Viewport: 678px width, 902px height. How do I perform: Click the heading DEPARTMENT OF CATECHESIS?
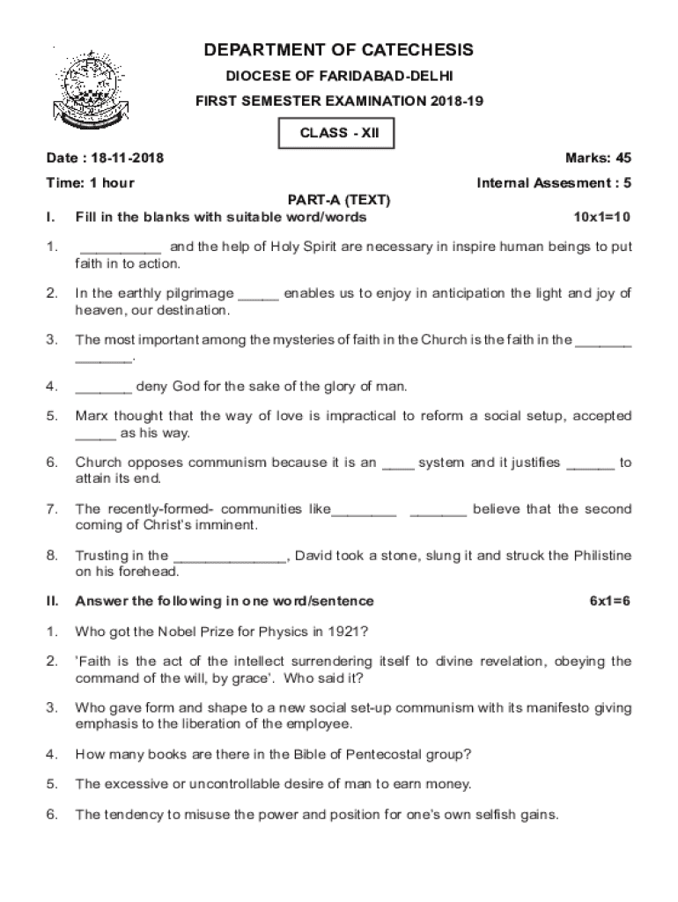point(338,49)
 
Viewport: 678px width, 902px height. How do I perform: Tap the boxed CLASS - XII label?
point(334,134)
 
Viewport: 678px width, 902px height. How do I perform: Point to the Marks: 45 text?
point(598,159)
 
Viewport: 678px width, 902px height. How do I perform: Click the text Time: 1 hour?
point(90,183)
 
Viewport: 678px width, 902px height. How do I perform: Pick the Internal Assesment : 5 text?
point(554,183)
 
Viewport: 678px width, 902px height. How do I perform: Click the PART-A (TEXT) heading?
point(339,200)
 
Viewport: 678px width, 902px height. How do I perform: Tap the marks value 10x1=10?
point(602,217)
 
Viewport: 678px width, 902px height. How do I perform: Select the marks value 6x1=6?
point(610,601)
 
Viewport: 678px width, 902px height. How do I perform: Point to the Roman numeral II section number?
point(52,601)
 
